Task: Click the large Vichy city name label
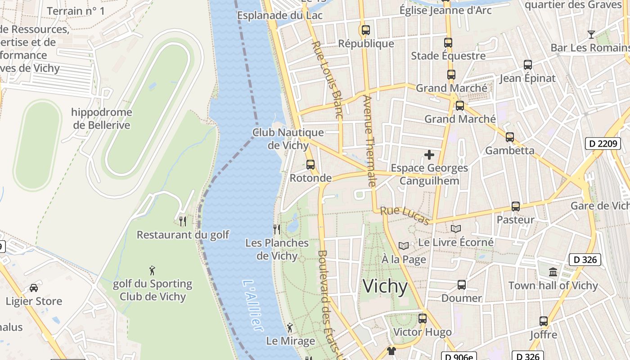tap(385, 287)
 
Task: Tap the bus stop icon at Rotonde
tap(310, 165)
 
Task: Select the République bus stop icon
tap(365, 30)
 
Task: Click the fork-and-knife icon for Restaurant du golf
tap(183, 221)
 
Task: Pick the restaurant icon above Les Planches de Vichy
tap(277, 229)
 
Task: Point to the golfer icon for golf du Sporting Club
tap(153, 270)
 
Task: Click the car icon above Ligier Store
tap(34, 288)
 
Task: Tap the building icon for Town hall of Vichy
tap(553, 272)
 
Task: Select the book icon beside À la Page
tap(404, 246)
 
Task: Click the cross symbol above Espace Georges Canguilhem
tap(429, 155)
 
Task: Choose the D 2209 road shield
tap(603, 144)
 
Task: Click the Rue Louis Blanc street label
tap(327, 80)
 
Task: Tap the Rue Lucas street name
tap(405, 215)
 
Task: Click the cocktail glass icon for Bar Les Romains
tap(591, 35)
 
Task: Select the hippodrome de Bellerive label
tap(102, 119)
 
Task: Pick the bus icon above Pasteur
tap(516, 207)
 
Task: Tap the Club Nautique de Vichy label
tap(288, 139)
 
